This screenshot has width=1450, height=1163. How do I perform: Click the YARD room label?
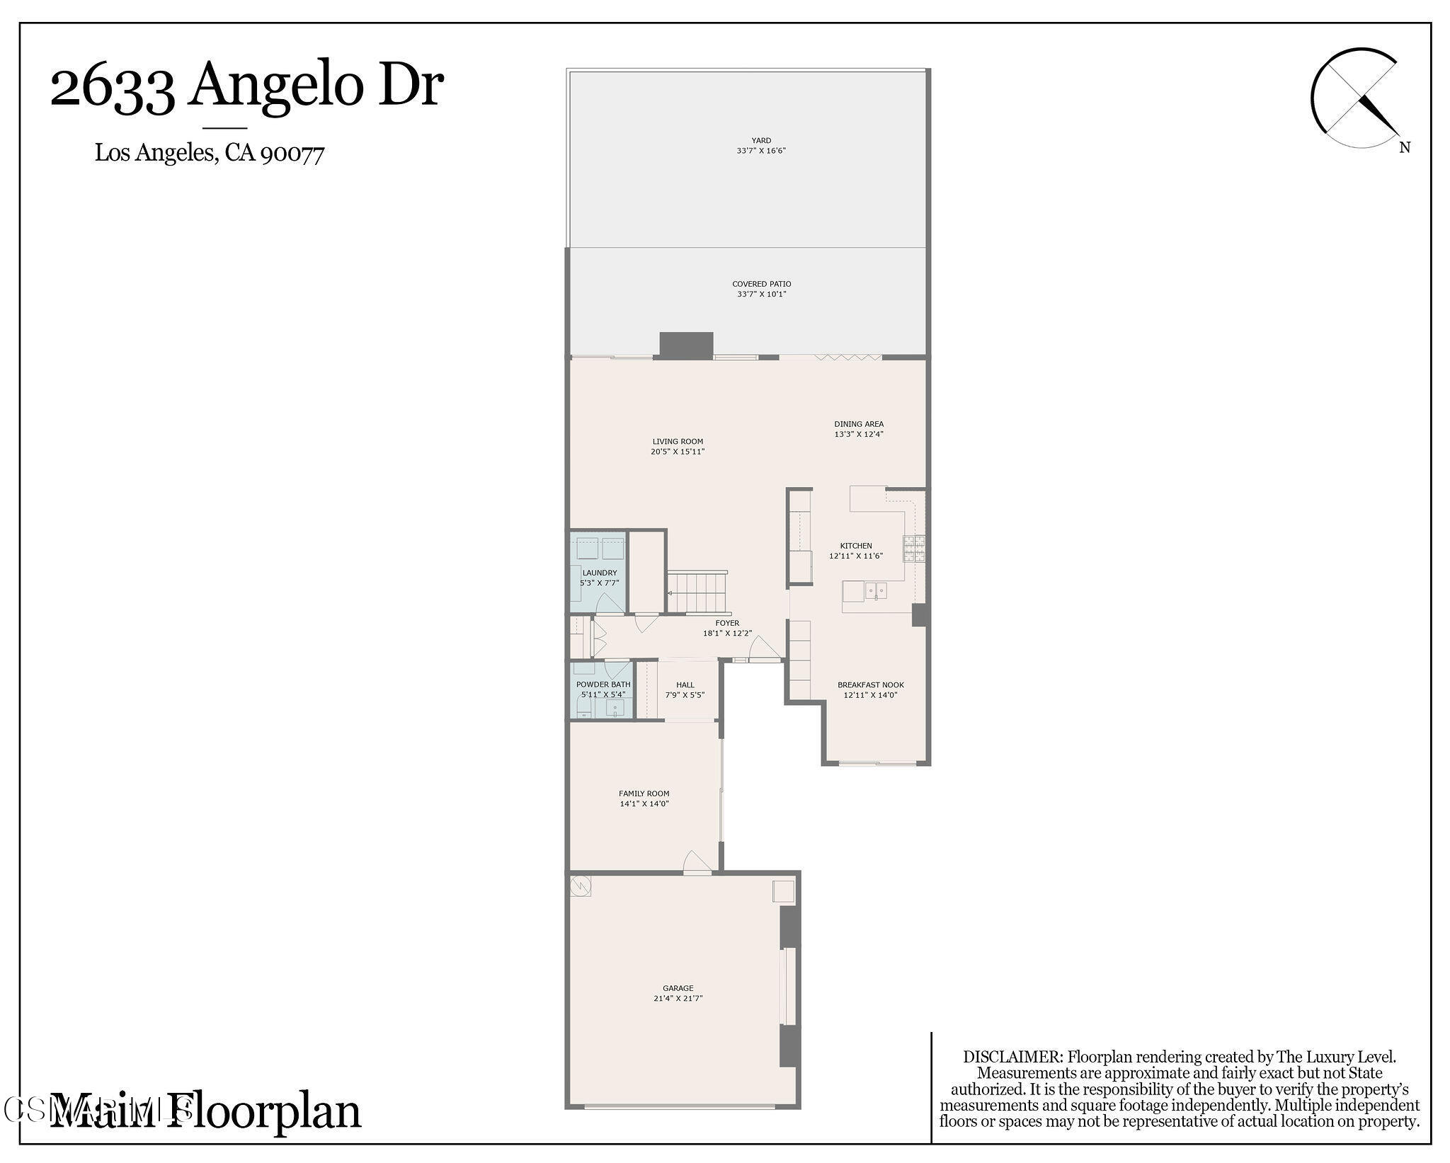(x=761, y=140)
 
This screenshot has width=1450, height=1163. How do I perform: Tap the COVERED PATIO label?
(x=761, y=284)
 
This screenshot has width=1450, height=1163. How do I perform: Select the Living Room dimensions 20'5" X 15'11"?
(x=678, y=452)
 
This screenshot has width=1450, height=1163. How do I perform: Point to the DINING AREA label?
(x=858, y=424)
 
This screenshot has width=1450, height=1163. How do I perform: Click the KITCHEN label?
(x=855, y=546)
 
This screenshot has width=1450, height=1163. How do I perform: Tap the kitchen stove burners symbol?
(x=913, y=549)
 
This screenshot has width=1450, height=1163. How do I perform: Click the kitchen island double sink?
(x=877, y=590)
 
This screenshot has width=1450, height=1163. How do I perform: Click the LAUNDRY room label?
(x=599, y=573)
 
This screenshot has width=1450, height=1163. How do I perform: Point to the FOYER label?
(x=726, y=623)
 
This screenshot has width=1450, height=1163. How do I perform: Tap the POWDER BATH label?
(x=603, y=684)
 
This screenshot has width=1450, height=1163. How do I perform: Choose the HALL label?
(x=685, y=684)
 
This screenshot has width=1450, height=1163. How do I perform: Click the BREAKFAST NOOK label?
(x=870, y=684)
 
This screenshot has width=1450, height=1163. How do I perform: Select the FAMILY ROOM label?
(x=644, y=794)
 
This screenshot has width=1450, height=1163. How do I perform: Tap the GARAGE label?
(x=678, y=988)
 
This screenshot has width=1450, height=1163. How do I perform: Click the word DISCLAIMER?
(x=1012, y=1058)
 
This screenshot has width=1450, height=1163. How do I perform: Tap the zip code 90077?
(x=292, y=154)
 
